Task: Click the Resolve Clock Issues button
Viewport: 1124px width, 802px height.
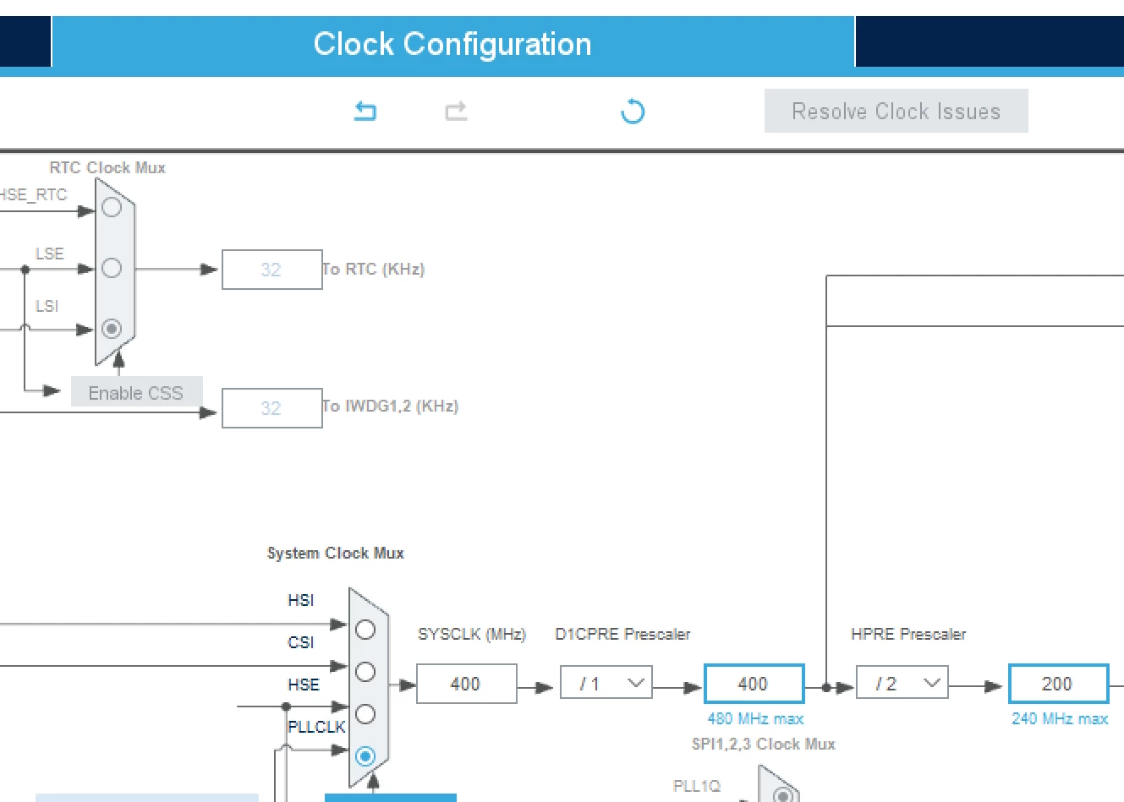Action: click(896, 111)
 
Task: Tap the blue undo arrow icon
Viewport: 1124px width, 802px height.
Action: click(365, 112)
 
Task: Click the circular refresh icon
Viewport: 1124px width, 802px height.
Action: click(633, 112)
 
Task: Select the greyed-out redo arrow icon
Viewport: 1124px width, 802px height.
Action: click(456, 112)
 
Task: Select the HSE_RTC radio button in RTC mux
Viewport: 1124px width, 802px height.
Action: click(112, 207)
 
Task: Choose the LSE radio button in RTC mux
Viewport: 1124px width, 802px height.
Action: click(112, 268)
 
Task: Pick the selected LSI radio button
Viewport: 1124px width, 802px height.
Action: click(112, 329)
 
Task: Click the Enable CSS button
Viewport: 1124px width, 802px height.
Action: click(136, 391)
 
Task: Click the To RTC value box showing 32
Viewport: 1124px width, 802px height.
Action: click(272, 270)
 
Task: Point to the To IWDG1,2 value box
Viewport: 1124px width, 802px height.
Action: click(272, 408)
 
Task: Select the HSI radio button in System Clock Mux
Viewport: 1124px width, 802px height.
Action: click(365, 630)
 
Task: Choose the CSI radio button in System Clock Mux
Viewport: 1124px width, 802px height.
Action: click(365, 672)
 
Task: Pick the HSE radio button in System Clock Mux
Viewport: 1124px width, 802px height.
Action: click(365, 714)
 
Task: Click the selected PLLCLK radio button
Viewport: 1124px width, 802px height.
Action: click(365, 756)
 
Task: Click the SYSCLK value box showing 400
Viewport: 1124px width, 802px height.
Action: click(467, 684)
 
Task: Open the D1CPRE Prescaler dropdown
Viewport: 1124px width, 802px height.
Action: click(606, 682)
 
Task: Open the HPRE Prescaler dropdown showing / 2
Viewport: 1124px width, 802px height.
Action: click(902, 682)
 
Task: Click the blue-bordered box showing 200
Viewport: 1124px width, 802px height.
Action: click(1059, 684)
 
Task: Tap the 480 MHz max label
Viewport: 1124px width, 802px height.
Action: click(756, 719)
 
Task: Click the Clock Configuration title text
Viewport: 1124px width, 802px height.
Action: click(452, 44)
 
